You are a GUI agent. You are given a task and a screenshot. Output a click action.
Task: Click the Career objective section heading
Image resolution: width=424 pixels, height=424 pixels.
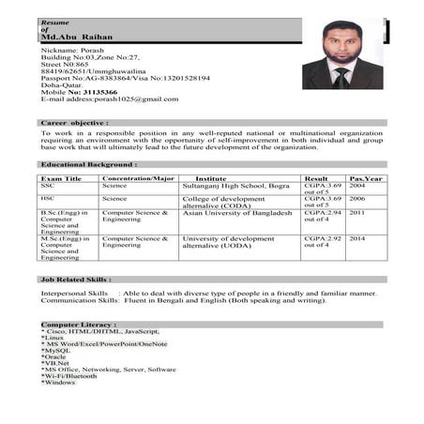75,123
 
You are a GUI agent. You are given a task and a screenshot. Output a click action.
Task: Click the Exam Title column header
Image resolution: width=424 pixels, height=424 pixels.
61,178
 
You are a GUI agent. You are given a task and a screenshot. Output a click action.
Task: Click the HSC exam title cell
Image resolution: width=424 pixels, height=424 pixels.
47,199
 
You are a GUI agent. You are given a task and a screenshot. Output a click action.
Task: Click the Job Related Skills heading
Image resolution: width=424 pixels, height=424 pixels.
76,279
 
